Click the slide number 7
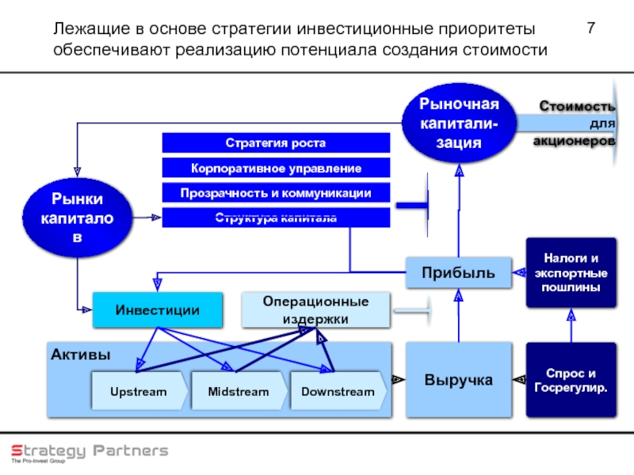pyautogui.click(x=590, y=30)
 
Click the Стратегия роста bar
pyautogui.click(x=276, y=143)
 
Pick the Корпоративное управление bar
pyautogui.click(x=276, y=169)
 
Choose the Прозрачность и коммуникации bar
pyautogui.click(x=276, y=193)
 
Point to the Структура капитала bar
pyautogui.click(x=276, y=218)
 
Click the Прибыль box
pyautogui.click(x=458, y=273)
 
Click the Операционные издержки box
pyautogui.click(x=315, y=310)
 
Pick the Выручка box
pyautogui.click(x=458, y=380)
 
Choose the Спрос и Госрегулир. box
pyautogui.click(x=571, y=380)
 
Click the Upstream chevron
pyautogui.click(x=138, y=392)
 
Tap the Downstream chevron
pyautogui.click(x=336, y=392)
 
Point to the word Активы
pyautogui.click(x=72, y=354)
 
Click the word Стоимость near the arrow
pyautogui.click(x=577, y=106)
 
